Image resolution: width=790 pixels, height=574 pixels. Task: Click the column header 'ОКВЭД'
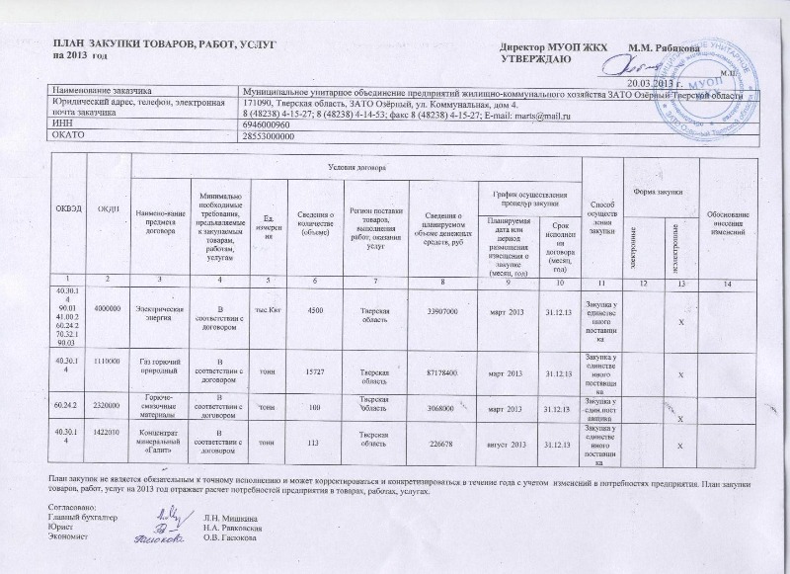67,206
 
